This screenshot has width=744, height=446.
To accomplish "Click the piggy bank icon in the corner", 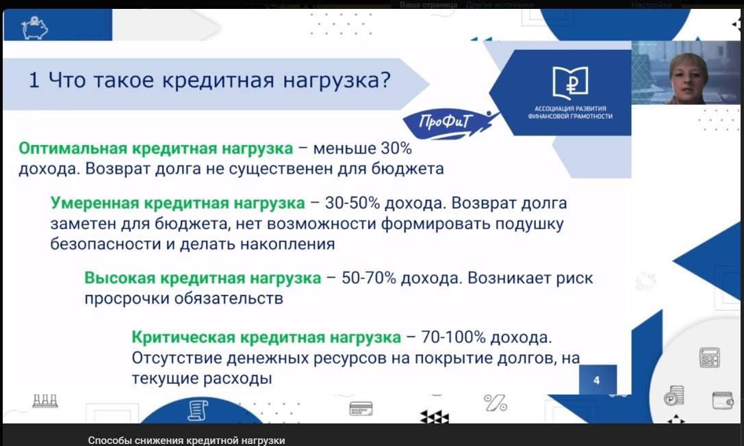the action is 35,28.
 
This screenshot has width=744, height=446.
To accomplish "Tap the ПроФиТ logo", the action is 446,123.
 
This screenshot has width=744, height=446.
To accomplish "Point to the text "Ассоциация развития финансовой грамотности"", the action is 570,112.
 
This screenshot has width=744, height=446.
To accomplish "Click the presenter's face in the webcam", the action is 688,77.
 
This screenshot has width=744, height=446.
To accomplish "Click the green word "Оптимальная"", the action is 73,148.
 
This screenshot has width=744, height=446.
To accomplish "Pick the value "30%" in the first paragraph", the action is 396,148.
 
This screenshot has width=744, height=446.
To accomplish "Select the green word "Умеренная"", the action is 95,203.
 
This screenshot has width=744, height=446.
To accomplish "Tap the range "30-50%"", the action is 352,203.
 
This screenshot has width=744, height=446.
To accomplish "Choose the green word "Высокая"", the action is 120,278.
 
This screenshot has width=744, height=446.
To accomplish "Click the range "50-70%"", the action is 369,278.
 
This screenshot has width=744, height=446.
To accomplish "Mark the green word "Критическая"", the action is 183,337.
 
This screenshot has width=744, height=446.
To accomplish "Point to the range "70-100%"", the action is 453,337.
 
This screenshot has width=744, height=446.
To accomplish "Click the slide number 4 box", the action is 598,379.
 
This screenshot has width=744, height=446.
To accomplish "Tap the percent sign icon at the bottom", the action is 496,403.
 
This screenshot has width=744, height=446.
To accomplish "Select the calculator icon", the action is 710,357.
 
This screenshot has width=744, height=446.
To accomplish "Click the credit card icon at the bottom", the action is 361,408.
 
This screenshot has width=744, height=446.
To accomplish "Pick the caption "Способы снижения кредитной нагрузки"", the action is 186,441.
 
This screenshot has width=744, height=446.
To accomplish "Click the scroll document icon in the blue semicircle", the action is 198,410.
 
